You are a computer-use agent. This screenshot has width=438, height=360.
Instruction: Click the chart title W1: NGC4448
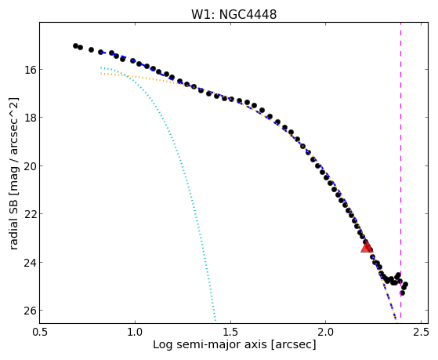233,14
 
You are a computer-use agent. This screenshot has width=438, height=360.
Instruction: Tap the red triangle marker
367,246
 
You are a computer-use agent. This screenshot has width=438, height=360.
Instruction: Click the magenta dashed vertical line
401,170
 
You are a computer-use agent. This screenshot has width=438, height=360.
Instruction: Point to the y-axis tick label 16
29,69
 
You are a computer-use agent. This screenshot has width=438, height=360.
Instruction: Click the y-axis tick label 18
29,118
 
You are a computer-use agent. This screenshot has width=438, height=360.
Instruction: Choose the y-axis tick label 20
29,165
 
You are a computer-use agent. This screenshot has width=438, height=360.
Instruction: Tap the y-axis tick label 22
29,214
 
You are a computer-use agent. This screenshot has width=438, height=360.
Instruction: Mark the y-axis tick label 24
29,263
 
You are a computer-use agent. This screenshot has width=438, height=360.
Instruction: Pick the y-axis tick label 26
29,311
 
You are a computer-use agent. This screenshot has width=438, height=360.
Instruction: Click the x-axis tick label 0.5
40,332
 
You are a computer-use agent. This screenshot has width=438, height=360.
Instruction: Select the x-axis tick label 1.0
135,332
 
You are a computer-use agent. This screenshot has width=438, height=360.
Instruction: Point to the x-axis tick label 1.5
230,332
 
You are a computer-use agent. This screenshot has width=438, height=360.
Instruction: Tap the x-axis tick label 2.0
326,332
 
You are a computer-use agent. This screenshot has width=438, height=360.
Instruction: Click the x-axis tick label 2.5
422,332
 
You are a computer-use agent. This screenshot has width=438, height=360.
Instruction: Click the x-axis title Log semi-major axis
210,345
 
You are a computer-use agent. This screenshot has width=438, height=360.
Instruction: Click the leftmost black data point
75,45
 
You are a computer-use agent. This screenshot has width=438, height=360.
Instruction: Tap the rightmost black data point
406,284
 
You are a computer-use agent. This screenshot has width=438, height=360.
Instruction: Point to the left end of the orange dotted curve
101,73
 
